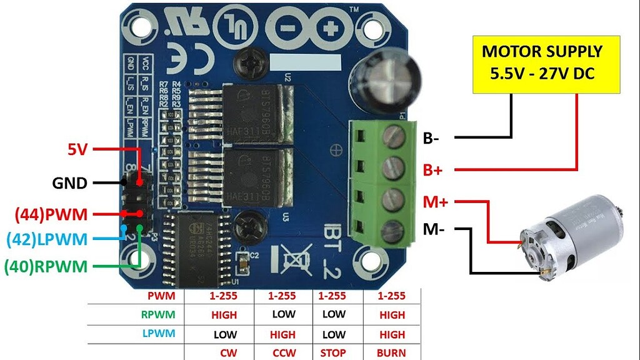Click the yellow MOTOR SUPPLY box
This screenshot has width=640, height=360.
[542, 63]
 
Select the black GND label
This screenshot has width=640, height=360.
[70, 184]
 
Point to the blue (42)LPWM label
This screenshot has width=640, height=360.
[46, 239]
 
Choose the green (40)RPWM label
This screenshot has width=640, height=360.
[45, 266]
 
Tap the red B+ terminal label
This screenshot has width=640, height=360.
[434, 169]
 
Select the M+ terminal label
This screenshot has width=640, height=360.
[436, 202]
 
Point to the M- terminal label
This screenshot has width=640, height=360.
[434, 229]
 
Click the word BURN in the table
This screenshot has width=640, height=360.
[391, 352]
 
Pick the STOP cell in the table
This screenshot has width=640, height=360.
[333, 352]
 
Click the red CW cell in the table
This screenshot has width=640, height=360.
[227, 352]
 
